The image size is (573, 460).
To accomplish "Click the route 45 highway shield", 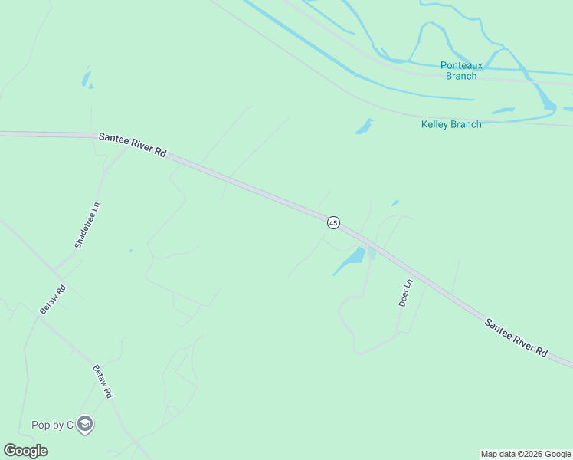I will click(333, 222).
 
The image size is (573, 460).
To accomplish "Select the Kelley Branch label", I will click(451, 124).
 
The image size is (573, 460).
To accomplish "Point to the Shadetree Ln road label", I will click(87, 225).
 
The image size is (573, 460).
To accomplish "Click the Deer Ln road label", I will click(406, 292).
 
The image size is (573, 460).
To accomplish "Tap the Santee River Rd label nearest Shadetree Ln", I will click(133, 144).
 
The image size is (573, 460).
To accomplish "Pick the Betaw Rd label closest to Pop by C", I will click(103, 381).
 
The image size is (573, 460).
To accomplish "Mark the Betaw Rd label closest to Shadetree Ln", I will click(53, 299).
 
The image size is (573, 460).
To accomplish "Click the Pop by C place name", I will click(51, 425).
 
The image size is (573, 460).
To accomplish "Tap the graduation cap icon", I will click(84, 425).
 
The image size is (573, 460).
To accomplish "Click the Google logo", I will click(25, 451).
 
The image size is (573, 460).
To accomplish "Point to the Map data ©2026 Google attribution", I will click(526, 454).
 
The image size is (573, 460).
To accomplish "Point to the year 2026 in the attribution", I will click(529, 454).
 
